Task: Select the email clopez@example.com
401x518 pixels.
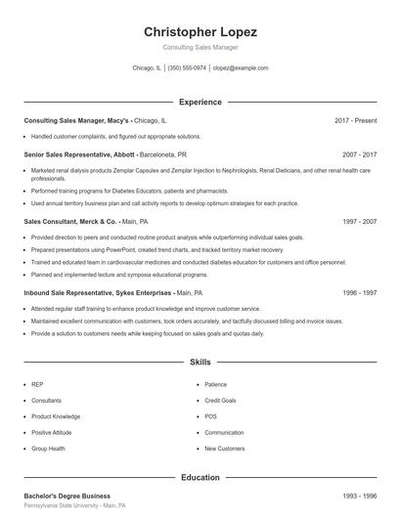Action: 240,68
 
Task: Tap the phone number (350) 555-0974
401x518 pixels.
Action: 187,68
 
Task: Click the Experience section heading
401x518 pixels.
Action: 200,102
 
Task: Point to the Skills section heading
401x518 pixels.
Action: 200,362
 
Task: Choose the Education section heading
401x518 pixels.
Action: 200,478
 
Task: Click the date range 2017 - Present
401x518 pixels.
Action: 355,120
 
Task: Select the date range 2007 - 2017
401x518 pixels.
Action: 359,154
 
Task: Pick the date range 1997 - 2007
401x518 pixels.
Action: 359,222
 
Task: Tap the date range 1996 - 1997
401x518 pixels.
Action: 359,292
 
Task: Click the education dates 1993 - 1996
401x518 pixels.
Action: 359,496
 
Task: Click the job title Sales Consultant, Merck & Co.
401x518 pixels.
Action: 69,222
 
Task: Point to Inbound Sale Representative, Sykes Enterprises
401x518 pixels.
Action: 91,292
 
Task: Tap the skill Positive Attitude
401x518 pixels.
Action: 51,432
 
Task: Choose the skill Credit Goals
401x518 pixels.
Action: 220,401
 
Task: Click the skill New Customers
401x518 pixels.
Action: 224,449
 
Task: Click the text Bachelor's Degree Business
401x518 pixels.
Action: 67,496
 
